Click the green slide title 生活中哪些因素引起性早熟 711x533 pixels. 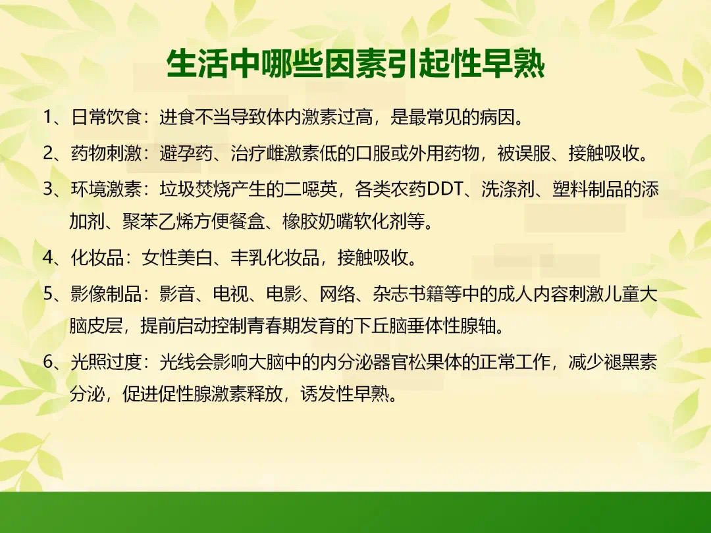(x=355, y=64)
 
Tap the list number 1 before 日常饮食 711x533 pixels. (x=47, y=117)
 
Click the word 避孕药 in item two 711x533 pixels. (x=186, y=153)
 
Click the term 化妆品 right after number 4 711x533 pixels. (x=97, y=257)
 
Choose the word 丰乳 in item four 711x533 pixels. (x=248, y=257)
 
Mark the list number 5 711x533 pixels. (x=49, y=293)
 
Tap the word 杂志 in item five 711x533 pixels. (x=391, y=293)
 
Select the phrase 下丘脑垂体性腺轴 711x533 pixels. (x=425, y=326)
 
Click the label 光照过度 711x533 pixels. (x=107, y=362)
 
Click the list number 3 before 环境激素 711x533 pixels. (x=49, y=189)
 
